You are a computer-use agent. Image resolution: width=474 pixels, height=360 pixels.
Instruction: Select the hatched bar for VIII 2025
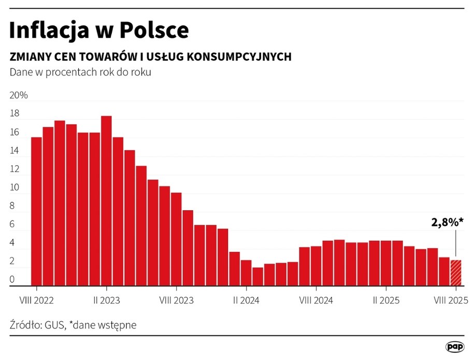(x=455, y=272)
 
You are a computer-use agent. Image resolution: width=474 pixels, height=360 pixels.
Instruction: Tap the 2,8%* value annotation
(x=447, y=223)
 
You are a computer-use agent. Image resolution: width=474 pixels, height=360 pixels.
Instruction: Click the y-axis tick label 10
(x=14, y=188)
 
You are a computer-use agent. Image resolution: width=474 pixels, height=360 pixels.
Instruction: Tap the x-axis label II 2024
(x=246, y=300)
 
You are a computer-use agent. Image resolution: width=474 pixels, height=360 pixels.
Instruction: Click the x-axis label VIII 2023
(x=176, y=300)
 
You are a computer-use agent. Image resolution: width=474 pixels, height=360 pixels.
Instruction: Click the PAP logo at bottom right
(x=454, y=346)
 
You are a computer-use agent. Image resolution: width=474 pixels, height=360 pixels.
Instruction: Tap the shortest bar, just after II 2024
(x=257, y=276)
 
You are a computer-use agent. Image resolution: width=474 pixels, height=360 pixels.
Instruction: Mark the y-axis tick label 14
(x=14, y=151)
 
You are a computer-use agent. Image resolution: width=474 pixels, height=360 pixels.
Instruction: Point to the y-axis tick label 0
(x=12, y=280)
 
